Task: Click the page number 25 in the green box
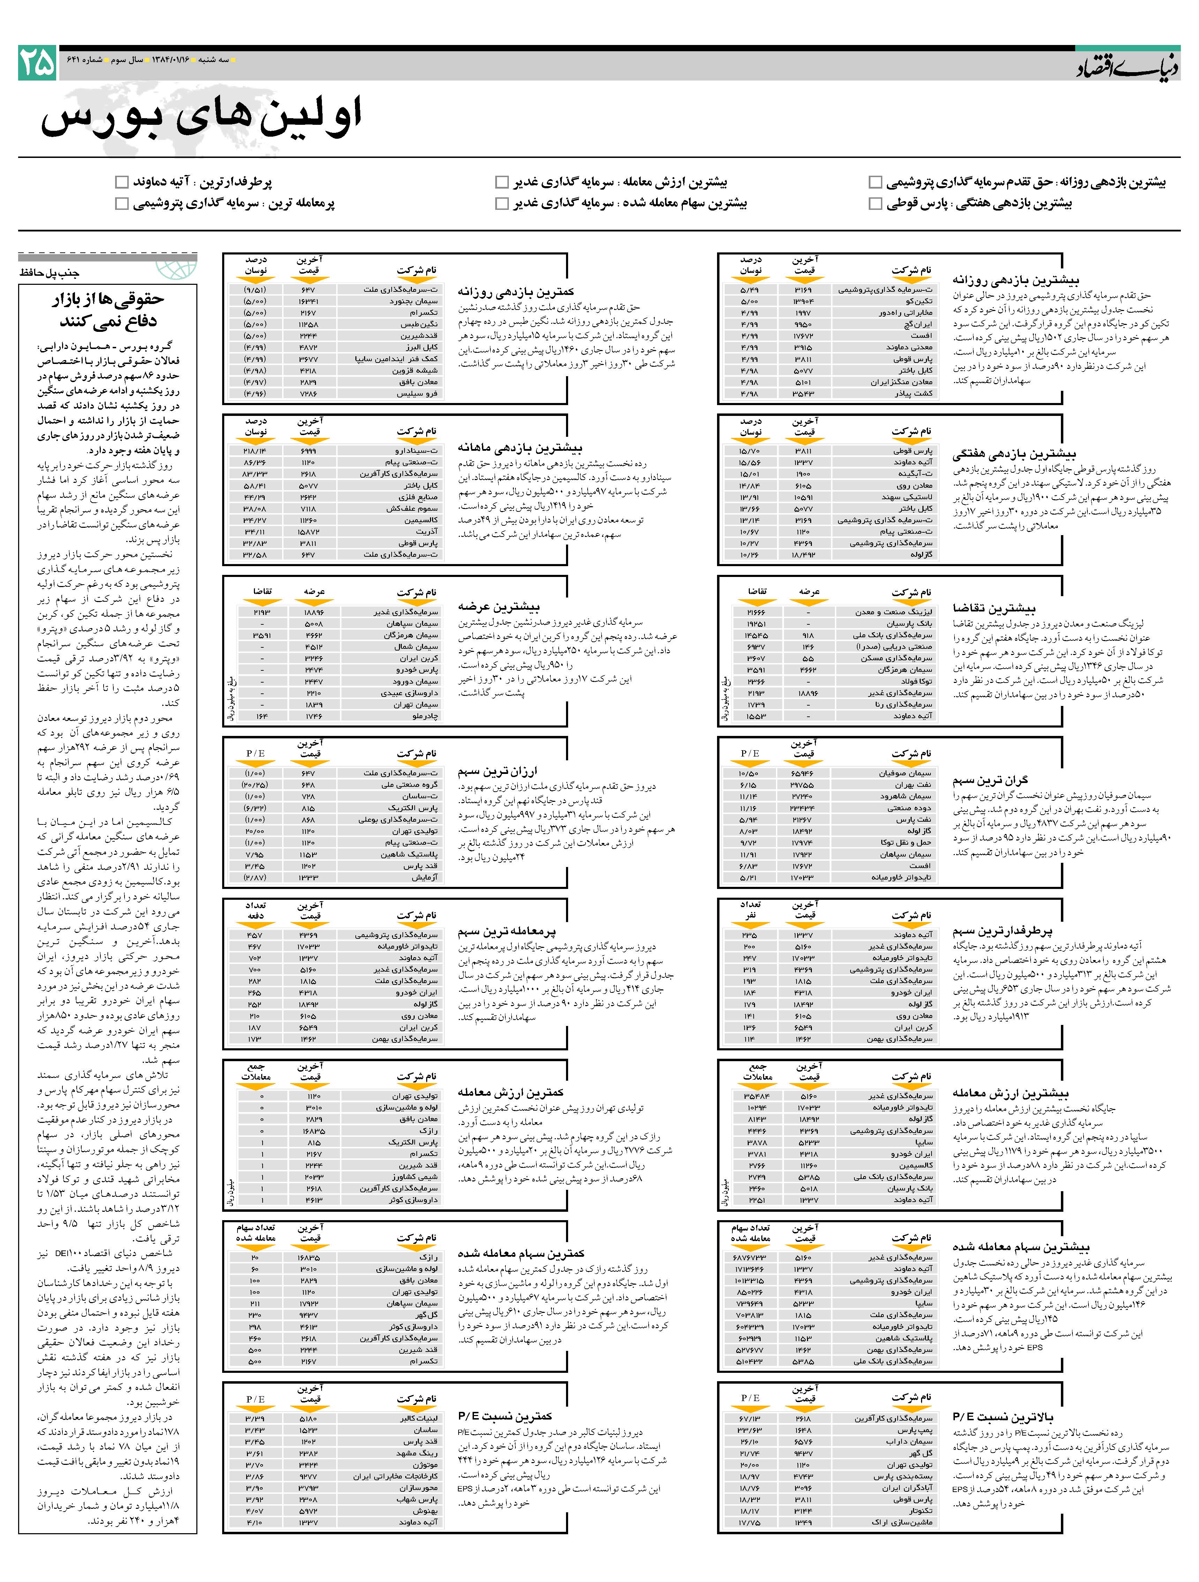37,63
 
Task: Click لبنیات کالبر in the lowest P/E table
418,1418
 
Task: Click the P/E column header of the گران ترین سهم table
750,753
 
